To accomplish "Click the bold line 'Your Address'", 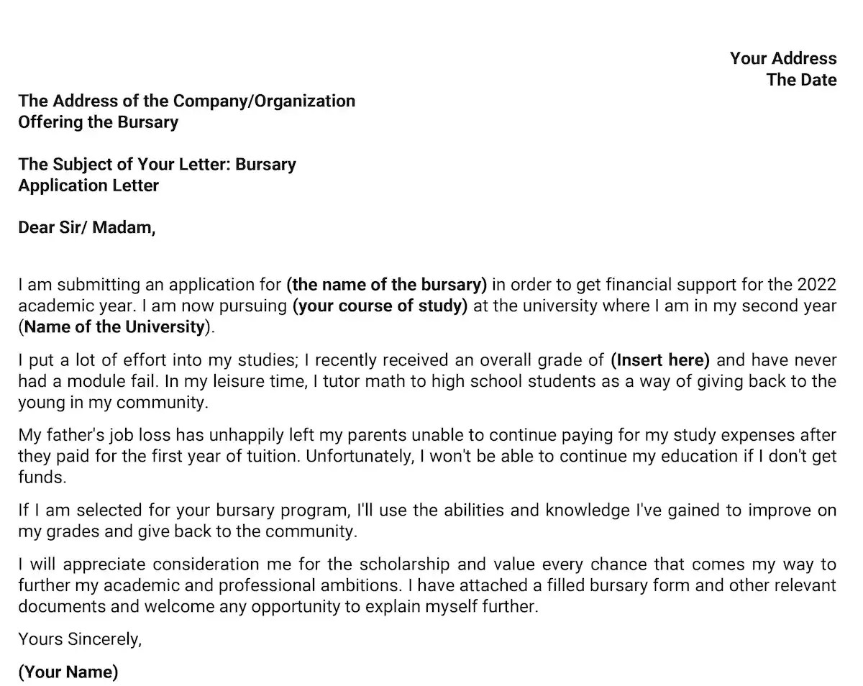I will [x=783, y=58].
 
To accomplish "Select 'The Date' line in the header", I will [x=801, y=80].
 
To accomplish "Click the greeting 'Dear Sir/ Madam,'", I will [x=86, y=228].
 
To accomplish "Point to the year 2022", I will [x=816, y=285].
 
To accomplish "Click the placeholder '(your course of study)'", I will [x=380, y=306].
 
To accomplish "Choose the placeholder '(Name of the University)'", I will [x=116, y=327].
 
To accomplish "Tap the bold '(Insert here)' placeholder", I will [x=660, y=360].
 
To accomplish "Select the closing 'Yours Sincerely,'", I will [x=80, y=639].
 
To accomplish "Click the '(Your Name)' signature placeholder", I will [x=68, y=672].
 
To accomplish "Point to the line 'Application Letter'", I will [x=88, y=186].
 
